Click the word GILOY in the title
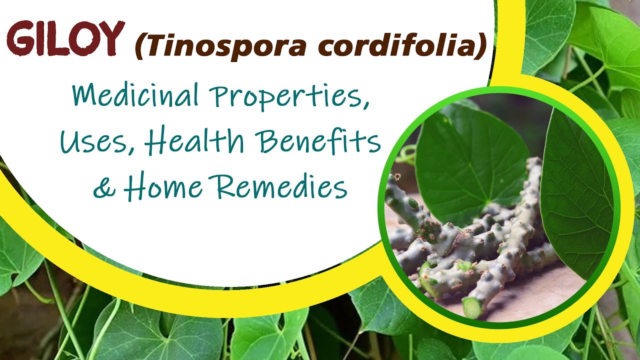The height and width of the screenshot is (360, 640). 65,39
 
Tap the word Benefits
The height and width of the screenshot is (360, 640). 320,142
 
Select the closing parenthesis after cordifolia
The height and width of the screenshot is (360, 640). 481,46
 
